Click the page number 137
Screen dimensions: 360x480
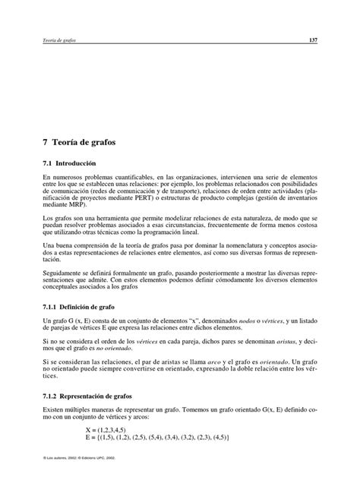pos(312,39)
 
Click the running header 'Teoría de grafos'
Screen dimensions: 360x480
pos(58,39)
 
